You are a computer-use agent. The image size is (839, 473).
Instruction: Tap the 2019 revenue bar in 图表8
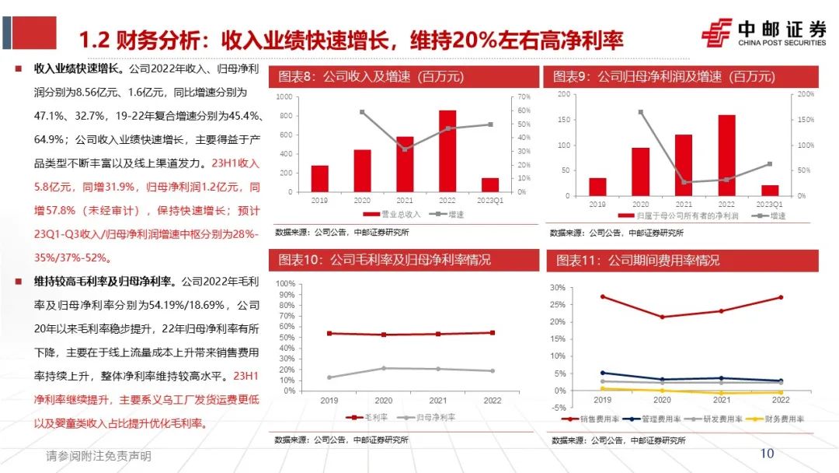pos(319,179)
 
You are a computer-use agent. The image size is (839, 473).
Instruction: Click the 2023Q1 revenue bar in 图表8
pos(490,185)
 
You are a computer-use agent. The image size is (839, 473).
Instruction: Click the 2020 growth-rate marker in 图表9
pos(641,112)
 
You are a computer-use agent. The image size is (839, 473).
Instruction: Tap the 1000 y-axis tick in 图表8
pos(284,97)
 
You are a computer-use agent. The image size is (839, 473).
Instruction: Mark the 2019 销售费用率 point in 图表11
pos(602,296)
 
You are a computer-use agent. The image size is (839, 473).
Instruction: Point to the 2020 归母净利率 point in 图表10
pos(382,368)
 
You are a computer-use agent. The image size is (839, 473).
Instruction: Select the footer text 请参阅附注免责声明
pos(99,456)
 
